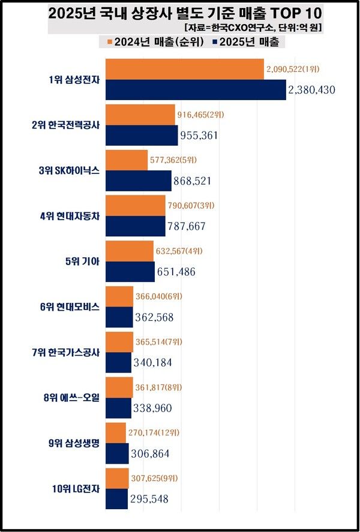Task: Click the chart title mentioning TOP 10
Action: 180,13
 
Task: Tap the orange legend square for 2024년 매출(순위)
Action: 109,42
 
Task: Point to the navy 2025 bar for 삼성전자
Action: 196,90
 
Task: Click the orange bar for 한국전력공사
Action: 140,115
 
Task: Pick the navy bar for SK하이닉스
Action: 139,181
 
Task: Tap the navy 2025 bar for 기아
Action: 130,272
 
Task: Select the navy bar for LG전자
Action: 116,499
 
